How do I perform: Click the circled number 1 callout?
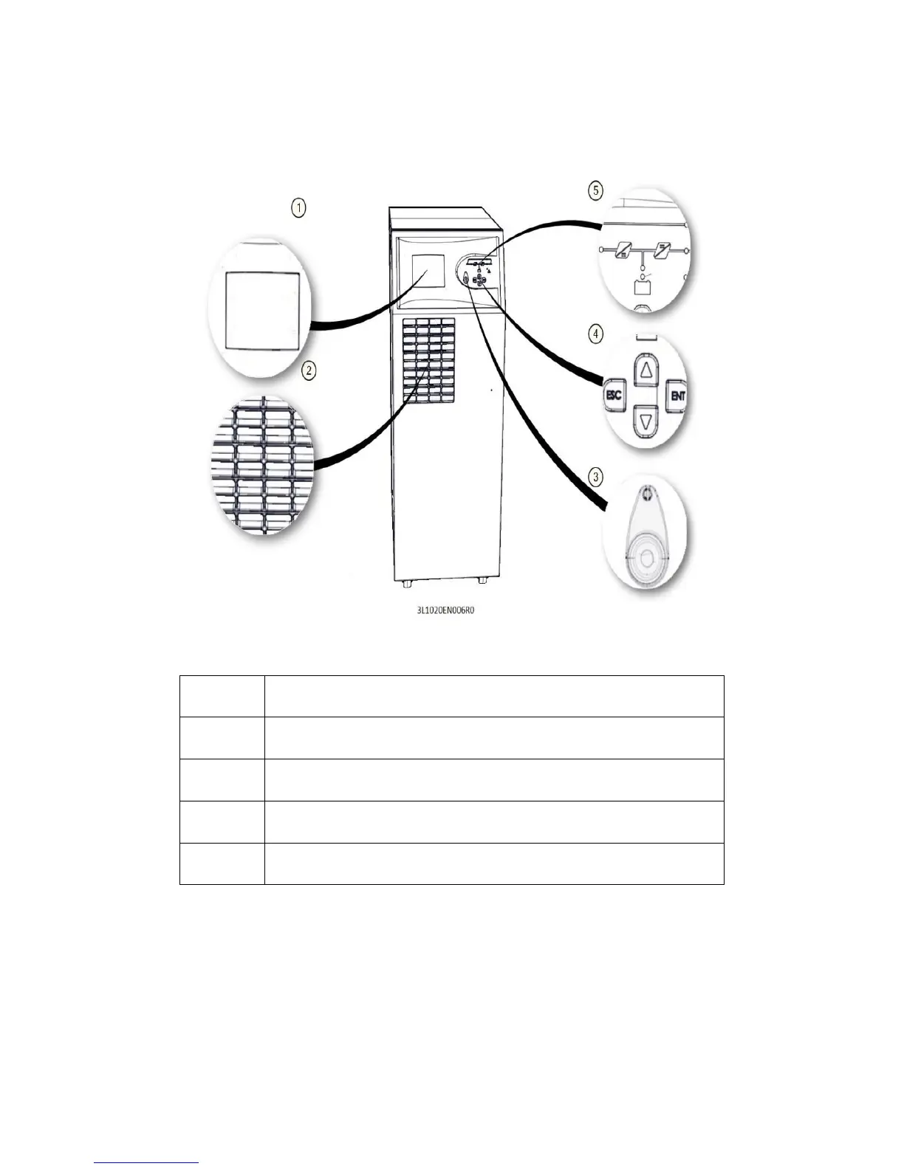click(298, 209)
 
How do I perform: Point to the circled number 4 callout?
click(596, 334)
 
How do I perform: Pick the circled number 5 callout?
click(596, 190)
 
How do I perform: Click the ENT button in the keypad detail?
click(677, 396)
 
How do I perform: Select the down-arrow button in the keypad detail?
click(646, 421)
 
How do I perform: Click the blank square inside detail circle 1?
click(262, 309)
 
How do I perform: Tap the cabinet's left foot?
click(406, 583)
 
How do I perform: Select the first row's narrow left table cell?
click(222, 696)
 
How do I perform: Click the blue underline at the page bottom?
click(148, 1162)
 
